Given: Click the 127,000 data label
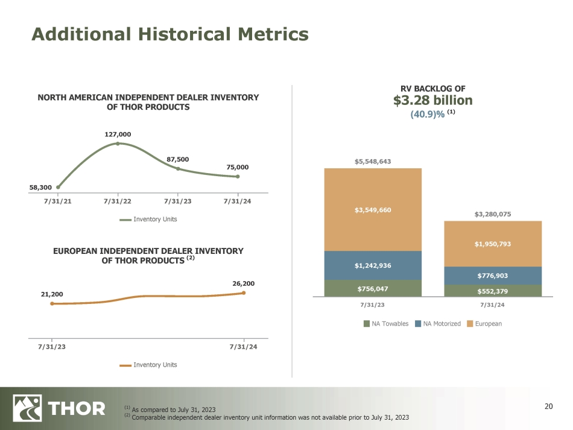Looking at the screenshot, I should pyautogui.click(x=118, y=134).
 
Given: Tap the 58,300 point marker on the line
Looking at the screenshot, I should pyautogui.click(x=58, y=187).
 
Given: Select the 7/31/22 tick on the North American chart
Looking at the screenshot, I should pyautogui.click(x=118, y=201).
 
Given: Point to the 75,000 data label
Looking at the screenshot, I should pyautogui.click(x=238, y=167).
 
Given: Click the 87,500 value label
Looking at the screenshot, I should pyautogui.click(x=178, y=159).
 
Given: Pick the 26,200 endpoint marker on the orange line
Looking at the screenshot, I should pyautogui.click(x=244, y=293).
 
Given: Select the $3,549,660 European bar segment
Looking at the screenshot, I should pyautogui.click(x=373, y=209).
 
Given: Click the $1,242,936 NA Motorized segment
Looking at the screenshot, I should pyautogui.click(x=373, y=265).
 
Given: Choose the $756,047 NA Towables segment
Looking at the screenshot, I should pyautogui.click(x=373, y=288).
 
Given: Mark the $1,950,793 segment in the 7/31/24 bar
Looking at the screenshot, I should pyautogui.click(x=493, y=244).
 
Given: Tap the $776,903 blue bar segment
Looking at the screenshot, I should pyautogui.click(x=493, y=276).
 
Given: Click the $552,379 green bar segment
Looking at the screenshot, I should pyautogui.click(x=493, y=291).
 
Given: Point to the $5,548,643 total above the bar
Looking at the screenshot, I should pyautogui.click(x=373, y=162).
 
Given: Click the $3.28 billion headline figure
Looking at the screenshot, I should pyautogui.click(x=432, y=100).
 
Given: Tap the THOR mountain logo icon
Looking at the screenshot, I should pyautogui.click(x=27, y=408).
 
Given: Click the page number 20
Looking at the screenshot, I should pyautogui.click(x=548, y=406).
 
